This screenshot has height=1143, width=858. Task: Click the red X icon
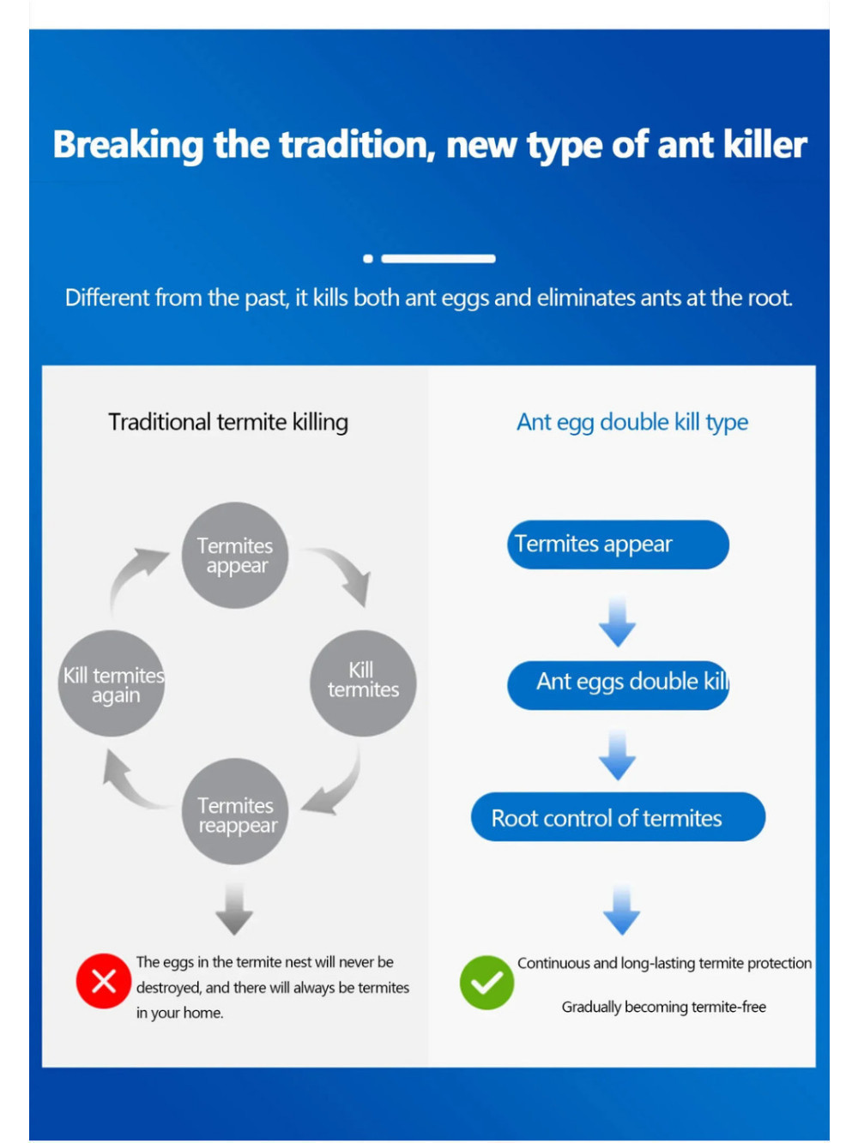point(103,981)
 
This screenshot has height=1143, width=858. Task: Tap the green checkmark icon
point(486,982)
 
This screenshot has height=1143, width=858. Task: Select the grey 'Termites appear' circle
point(235,555)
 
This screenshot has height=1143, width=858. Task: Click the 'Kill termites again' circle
point(112,683)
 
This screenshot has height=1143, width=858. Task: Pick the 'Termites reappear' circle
point(235,812)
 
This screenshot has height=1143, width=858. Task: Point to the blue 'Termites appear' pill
point(618,544)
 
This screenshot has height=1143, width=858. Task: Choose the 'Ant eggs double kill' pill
point(618,685)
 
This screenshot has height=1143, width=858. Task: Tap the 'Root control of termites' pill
point(618,816)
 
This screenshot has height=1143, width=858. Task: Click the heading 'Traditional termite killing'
point(228,423)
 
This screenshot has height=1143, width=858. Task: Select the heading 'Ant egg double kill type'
point(631,423)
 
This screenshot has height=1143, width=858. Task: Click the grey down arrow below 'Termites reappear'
point(234,909)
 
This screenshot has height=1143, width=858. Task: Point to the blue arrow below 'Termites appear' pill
point(617,622)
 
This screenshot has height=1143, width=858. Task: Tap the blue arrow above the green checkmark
point(621,909)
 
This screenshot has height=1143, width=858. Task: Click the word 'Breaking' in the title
point(128,145)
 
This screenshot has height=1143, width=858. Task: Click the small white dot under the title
point(368,259)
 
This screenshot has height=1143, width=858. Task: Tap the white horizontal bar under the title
point(438,259)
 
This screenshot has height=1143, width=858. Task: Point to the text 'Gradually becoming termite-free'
point(664,1007)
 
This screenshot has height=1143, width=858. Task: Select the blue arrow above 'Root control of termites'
point(617,755)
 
